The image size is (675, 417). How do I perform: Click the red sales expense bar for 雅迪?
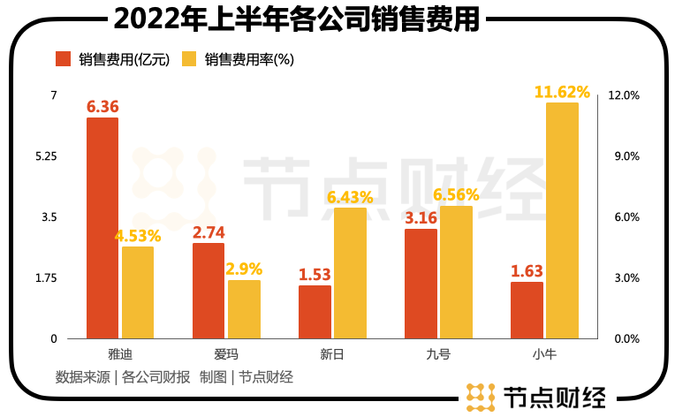[x=102, y=228]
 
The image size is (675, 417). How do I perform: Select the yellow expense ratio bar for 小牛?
[x=562, y=220]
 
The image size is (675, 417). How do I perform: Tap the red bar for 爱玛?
[x=208, y=291]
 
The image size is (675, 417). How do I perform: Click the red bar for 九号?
[x=421, y=284]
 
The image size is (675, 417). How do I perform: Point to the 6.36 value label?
[x=102, y=107]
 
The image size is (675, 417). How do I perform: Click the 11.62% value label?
[x=562, y=91]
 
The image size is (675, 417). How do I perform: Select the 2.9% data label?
[x=244, y=269]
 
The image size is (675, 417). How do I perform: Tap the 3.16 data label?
[x=421, y=217]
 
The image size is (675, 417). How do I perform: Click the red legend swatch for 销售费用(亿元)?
[x=63, y=59]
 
